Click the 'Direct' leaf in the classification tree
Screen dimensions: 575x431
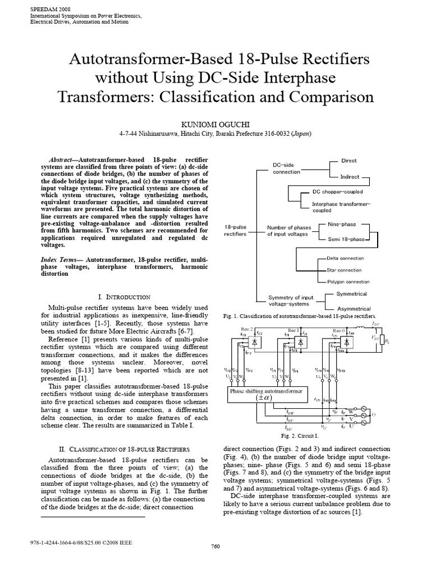click(349, 161)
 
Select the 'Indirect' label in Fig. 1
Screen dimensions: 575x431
click(350, 176)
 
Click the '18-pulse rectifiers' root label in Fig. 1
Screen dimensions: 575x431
click(235, 230)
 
